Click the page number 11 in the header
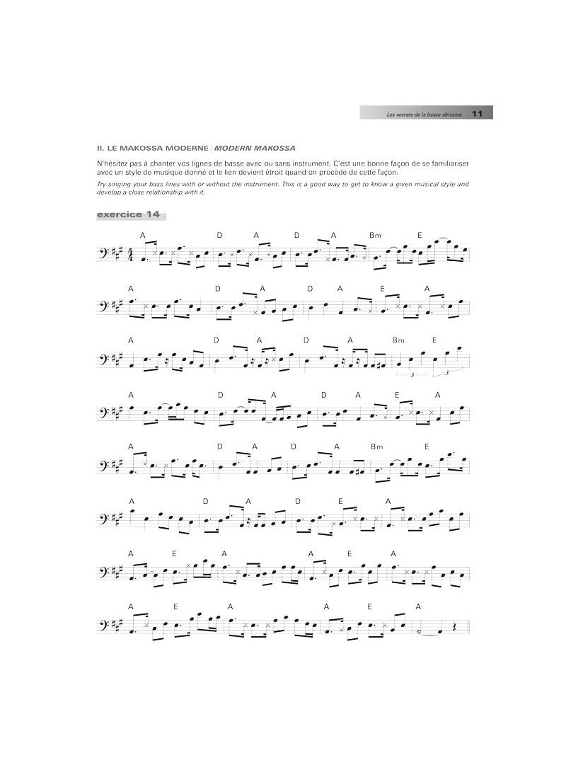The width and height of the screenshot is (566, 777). tap(477, 113)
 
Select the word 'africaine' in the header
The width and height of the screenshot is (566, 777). tap(449, 114)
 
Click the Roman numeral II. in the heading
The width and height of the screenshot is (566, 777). tap(101, 148)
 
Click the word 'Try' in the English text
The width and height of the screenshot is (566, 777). tap(102, 184)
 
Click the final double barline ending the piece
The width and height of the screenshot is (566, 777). tap(468, 628)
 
